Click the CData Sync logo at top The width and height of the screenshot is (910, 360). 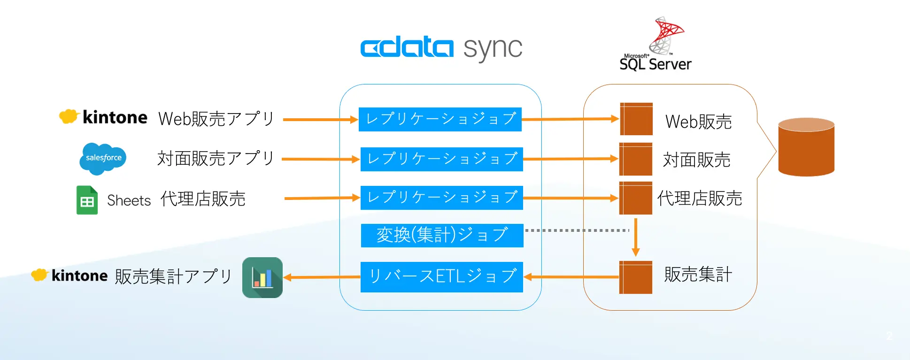[x=441, y=48]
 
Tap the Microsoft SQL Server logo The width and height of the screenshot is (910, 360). [x=656, y=45]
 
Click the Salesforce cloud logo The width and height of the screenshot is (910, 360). [x=103, y=158]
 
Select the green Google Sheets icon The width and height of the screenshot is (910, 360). [x=87, y=200]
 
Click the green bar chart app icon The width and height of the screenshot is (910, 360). [x=262, y=277]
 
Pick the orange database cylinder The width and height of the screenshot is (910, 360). [x=806, y=147]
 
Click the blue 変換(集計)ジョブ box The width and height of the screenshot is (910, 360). [x=442, y=235]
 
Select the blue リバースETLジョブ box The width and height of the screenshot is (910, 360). [x=442, y=277]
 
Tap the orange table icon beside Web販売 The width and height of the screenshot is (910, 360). [x=636, y=119]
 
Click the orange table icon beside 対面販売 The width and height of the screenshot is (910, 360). [x=636, y=159]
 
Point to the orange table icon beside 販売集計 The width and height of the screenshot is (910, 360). [x=636, y=277]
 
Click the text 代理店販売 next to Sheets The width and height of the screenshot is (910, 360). [x=203, y=199]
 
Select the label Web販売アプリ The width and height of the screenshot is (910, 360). [x=216, y=119]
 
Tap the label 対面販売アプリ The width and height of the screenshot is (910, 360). [x=216, y=159]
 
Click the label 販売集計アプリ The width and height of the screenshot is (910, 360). [x=173, y=276]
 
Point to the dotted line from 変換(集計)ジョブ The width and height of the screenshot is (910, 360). [x=577, y=230]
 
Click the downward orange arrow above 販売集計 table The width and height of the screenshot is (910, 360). [x=635, y=237]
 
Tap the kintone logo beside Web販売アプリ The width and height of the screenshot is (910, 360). [x=103, y=117]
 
